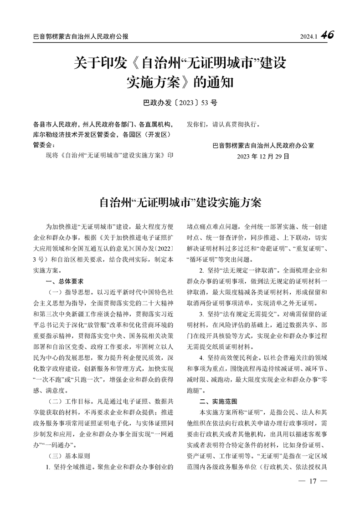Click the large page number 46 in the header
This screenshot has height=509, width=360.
coord(327,35)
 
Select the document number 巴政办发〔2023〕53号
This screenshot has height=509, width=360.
coord(180,102)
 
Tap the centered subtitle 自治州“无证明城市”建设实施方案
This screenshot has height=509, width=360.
coord(180,202)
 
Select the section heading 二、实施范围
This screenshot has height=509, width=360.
coord(219,402)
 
